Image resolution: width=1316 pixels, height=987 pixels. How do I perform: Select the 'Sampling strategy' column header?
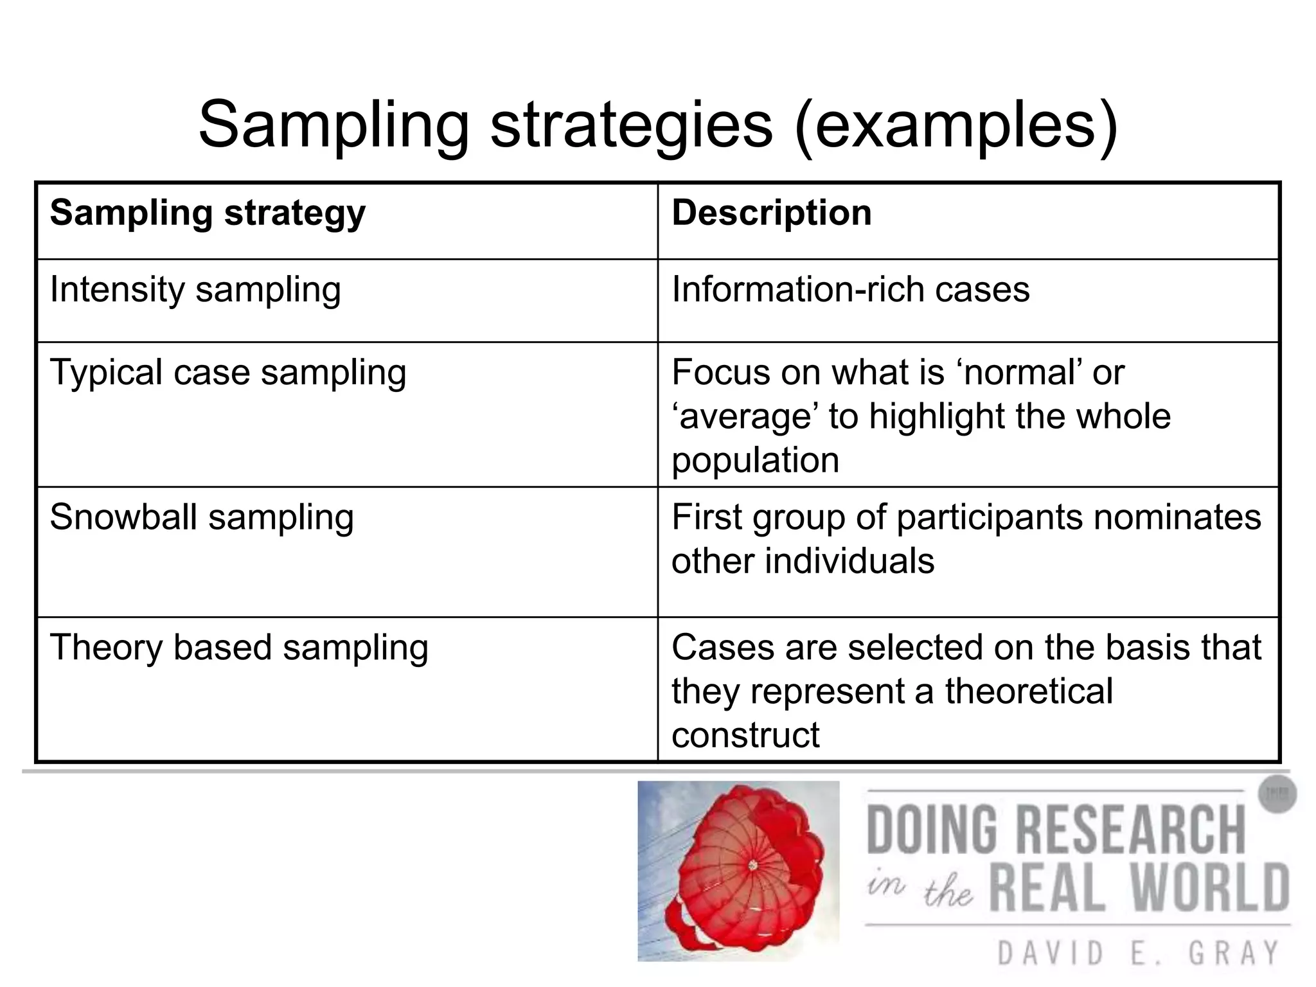pyautogui.click(x=208, y=213)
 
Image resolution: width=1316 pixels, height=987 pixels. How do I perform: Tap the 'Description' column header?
pyautogui.click(x=771, y=213)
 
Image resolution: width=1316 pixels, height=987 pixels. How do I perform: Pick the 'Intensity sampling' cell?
pyautogui.click(x=195, y=290)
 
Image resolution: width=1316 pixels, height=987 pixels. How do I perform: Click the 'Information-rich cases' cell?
pyautogui.click(x=850, y=290)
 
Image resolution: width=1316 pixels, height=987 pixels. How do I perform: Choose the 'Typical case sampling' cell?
pyautogui.click(x=228, y=373)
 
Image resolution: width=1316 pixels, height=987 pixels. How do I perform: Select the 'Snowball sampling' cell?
pyautogui.click(x=202, y=517)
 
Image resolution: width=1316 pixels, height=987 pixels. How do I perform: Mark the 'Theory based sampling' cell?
pyautogui.click(x=239, y=647)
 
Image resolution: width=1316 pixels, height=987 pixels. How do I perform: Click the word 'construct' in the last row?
pyautogui.click(x=745, y=734)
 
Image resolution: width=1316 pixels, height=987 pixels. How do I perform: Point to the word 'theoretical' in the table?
pyautogui.click(x=1029, y=691)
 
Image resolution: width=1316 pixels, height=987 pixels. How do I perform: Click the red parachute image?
pyautogui.click(x=738, y=871)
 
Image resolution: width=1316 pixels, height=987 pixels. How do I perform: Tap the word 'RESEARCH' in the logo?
pyautogui.click(x=1132, y=830)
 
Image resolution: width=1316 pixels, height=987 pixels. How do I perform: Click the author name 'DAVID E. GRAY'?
pyautogui.click(x=1137, y=953)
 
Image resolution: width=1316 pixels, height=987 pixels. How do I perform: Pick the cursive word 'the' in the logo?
pyautogui.click(x=948, y=893)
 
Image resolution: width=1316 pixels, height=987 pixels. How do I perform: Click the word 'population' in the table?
pyautogui.click(x=755, y=461)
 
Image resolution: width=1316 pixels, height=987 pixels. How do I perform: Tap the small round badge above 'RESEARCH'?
pyautogui.click(x=1277, y=795)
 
